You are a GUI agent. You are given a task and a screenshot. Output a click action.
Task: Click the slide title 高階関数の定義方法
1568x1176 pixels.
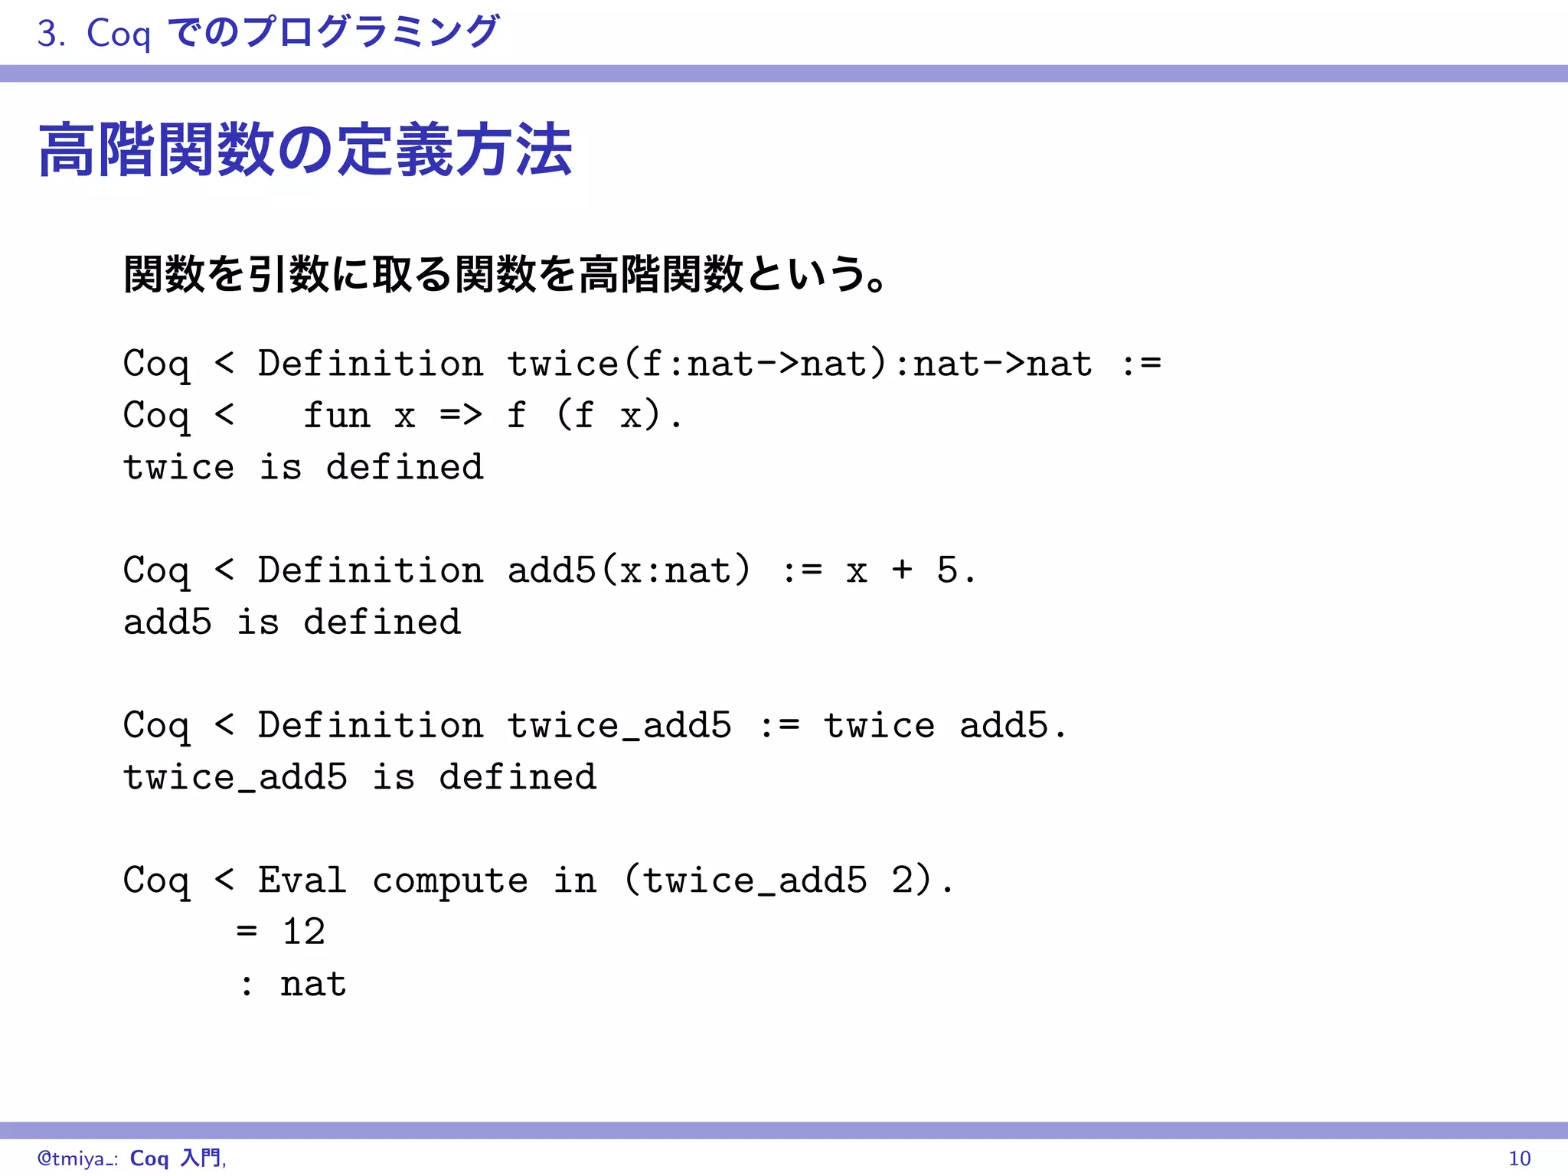pyautogui.click(x=305, y=151)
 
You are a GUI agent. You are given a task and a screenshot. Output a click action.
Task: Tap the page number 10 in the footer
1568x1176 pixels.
pyautogui.click(x=1519, y=1158)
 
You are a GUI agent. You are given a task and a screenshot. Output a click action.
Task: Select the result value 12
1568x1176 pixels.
pyautogui.click(x=304, y=932)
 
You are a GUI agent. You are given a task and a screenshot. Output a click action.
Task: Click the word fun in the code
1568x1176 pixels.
pyautogui.click(x=337, y=416)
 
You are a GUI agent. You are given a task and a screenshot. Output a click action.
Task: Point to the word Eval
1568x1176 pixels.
pyautogui.click(x=302, y=880)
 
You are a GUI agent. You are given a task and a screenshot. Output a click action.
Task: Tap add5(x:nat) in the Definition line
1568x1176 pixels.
pyautogui.click(x=629, y=570)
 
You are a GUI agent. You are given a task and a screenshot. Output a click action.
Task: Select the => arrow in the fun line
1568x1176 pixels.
pyautogui.click(x=461, y=416)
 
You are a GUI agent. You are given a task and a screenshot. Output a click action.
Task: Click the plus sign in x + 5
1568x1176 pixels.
pyautogui.click(x=902, y=570)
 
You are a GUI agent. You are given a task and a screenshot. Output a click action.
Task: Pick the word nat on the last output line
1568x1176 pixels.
pyautogui.click(x=313, y=985)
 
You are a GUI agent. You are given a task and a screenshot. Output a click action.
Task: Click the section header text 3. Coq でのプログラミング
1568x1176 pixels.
pyautogui.click(x=268, y=33)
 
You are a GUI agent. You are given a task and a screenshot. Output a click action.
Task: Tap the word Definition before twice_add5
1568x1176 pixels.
pyautogui.click(x=371, y=726)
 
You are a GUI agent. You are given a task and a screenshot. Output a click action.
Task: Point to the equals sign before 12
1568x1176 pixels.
pyautogui.click(x=247, y=932)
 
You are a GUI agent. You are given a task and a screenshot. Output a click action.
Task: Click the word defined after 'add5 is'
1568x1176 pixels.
pyautogui.click(x=382, y=622)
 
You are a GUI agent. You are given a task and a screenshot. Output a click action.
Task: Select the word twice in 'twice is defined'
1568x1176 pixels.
pyautogui.click(x=178, y=468)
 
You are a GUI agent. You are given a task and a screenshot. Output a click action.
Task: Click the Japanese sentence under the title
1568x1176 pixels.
pyautogui.click(x=505, y=274)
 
